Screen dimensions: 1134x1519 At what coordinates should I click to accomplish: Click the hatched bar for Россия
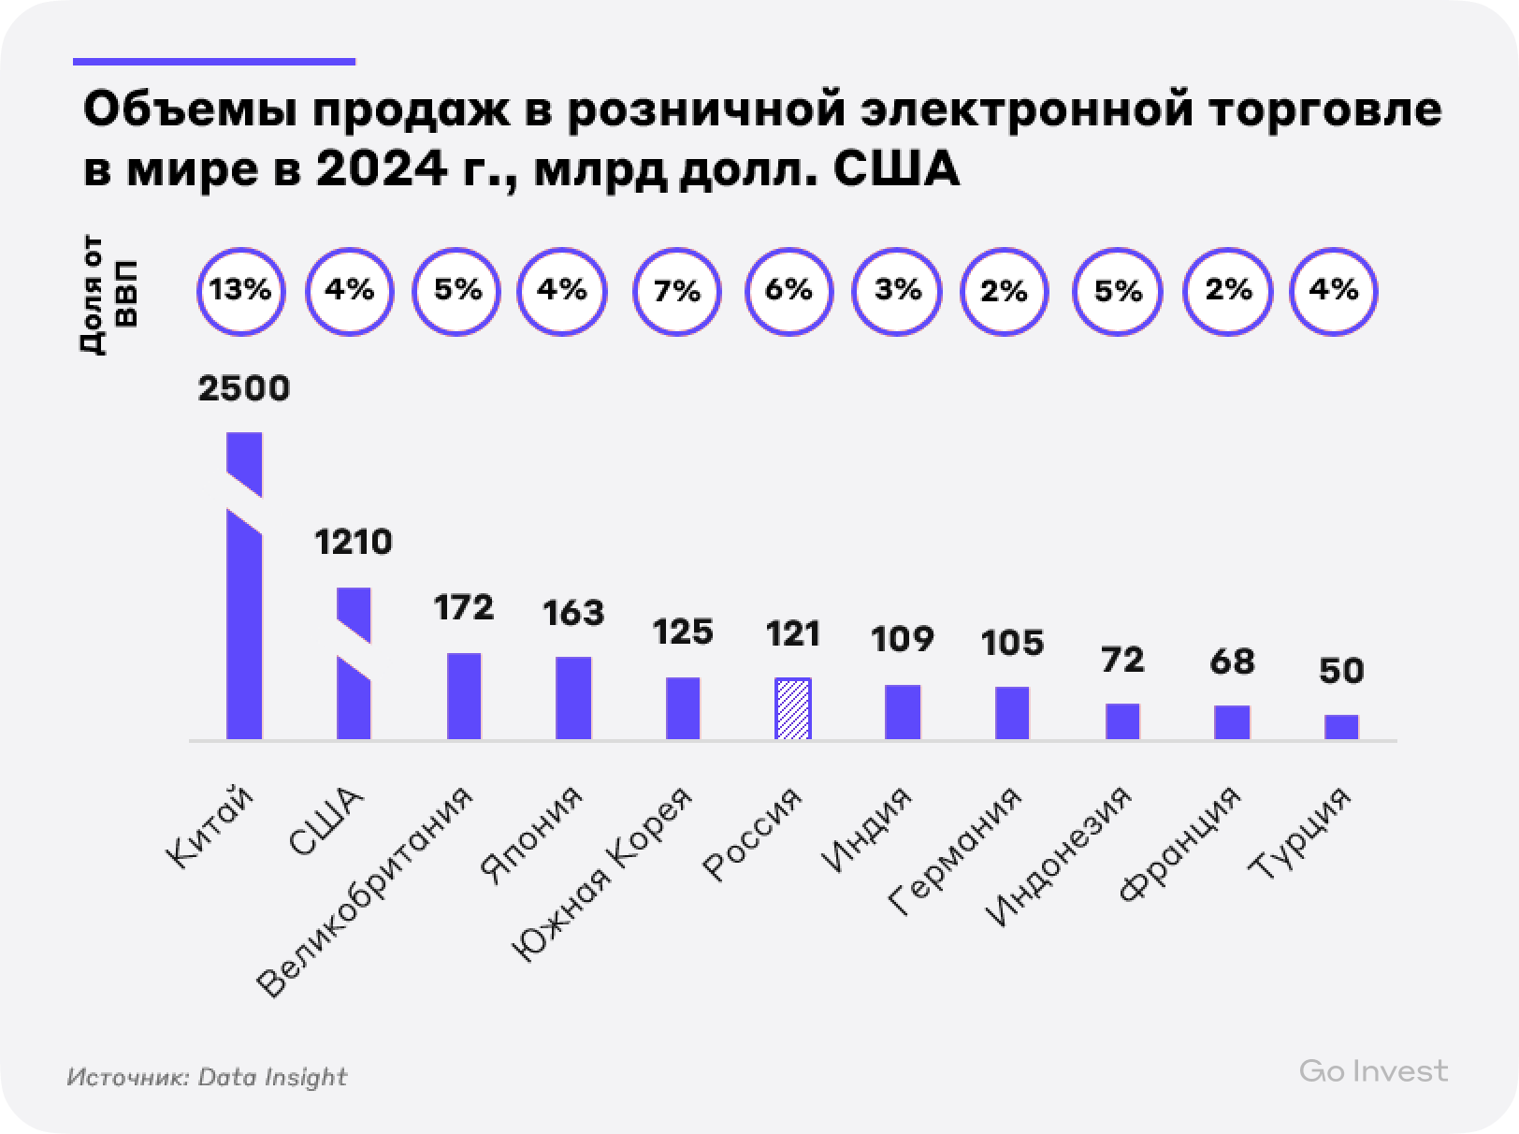point(792,709)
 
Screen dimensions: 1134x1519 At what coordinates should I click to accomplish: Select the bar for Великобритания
point(464,696)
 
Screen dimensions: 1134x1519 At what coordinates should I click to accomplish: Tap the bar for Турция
point(1341,727)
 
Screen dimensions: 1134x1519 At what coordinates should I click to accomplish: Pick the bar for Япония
point(573,698)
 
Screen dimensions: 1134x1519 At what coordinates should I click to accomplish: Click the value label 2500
point(244,388)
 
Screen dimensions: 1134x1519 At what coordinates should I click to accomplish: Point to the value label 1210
point(354,543)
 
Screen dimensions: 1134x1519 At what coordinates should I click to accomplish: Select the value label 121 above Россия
point(793,634)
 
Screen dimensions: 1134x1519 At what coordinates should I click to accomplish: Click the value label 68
point(1232,661)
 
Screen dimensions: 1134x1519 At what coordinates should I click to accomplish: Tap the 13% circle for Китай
point(240,291)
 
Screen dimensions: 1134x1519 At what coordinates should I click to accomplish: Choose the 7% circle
point(678,291)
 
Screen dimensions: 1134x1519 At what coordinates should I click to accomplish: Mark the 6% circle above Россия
point(788,291)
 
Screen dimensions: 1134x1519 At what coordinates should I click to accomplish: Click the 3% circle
point(899,291)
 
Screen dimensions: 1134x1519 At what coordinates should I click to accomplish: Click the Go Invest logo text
point(1373,1071)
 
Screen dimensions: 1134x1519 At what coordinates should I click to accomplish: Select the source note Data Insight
point(272,1077)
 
